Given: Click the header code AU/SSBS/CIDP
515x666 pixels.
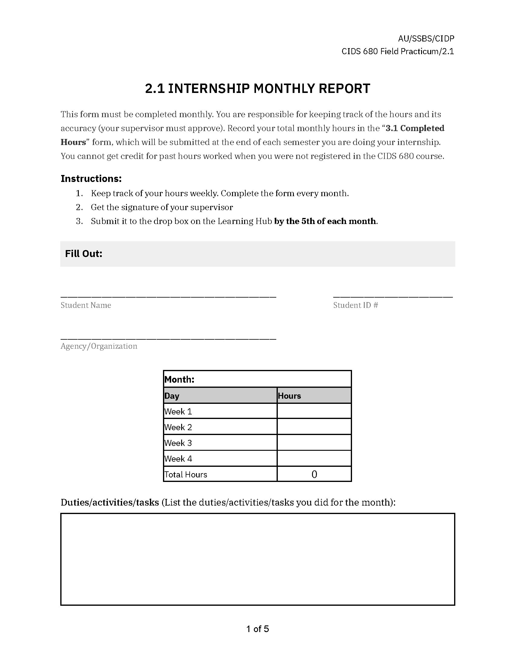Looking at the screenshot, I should [x=426, y=39].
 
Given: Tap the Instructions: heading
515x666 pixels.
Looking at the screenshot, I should [x=91, y=179].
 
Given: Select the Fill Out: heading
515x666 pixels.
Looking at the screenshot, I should [x=84, y=254].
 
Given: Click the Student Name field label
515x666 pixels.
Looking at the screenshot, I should [x=86, y=305].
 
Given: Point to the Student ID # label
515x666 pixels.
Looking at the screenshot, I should [x=355, y=305].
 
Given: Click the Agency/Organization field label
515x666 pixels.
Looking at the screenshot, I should [x=99, y=346].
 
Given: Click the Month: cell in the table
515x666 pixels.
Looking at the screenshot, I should [x=179, y=379].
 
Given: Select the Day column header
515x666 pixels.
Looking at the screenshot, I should [x=172, y=396].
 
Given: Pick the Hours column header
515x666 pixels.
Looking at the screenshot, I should [x=289, y=396].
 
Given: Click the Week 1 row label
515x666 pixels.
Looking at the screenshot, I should [x=178, y=412].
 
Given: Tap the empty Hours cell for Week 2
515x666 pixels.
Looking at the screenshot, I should [x=314, y=427].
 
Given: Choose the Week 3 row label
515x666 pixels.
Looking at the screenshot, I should [x=178, y=443].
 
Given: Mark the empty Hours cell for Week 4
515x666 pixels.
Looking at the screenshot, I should [x=314, y=459].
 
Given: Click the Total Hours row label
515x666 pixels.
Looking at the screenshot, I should [x=186, y=474].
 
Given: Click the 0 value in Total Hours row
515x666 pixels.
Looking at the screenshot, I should [x=314, y=474].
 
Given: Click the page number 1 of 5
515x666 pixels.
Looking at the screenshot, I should [x=257, y=629].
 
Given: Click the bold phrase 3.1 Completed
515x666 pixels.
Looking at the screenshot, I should [x=415, y=128].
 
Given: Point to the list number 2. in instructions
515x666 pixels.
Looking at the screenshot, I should [x=79, y=207].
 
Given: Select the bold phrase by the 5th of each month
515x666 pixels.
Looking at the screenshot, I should [x=325, y=221].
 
